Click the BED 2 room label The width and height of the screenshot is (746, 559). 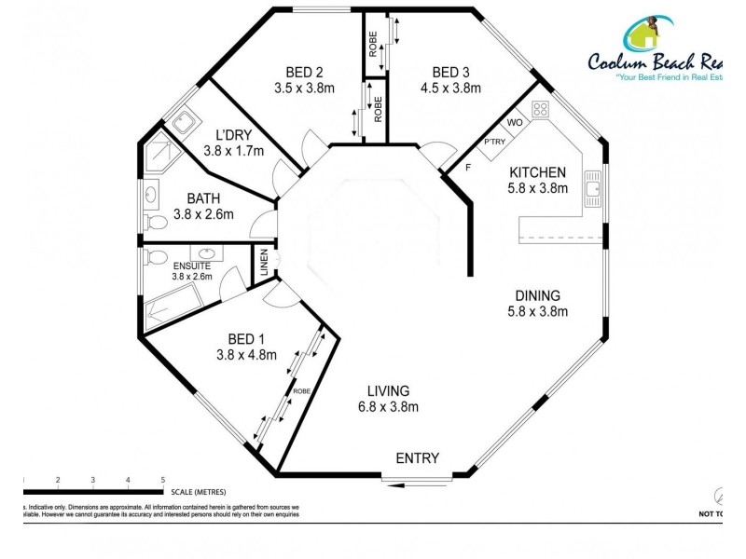[x=304, y=73]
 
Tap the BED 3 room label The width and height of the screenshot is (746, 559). [x=450, y=73]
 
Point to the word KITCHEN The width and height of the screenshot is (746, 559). [x=537, y=172]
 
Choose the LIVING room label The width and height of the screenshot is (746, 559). [x=387, y=391]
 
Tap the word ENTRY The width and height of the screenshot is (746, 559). [x=417, y=458]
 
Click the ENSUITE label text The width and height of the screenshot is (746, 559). [x=191, y=265]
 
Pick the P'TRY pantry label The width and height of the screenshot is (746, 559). [x=492, y=143]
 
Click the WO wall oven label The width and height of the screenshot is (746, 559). [x=514, y=123]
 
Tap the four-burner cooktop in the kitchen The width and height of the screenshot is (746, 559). [x=539, y=110]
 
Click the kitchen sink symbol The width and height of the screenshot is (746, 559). [x=592, y=190]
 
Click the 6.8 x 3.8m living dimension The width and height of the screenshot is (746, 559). [x=387, y=407]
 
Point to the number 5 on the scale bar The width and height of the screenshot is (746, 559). [x=163, y=479]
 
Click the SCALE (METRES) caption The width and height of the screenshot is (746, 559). [x=199, y=491]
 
